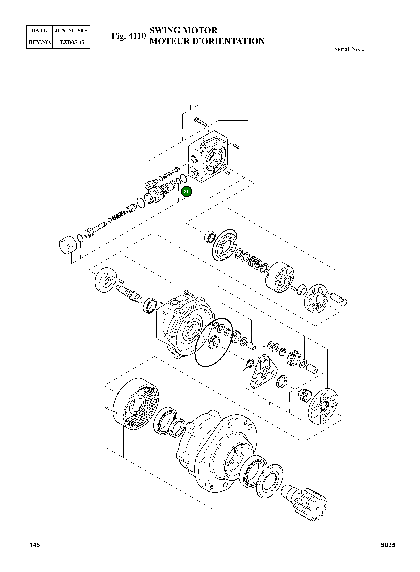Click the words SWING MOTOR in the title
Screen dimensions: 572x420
(183, 30)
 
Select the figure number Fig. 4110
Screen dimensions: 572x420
(129, 36)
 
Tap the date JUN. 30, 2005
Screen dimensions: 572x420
(71, 31)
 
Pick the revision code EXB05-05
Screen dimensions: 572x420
(72, 42)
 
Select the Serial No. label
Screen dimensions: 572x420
(349, 49)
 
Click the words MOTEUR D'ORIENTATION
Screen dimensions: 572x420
(207, 41)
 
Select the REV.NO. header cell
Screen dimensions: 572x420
(40, 42)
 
